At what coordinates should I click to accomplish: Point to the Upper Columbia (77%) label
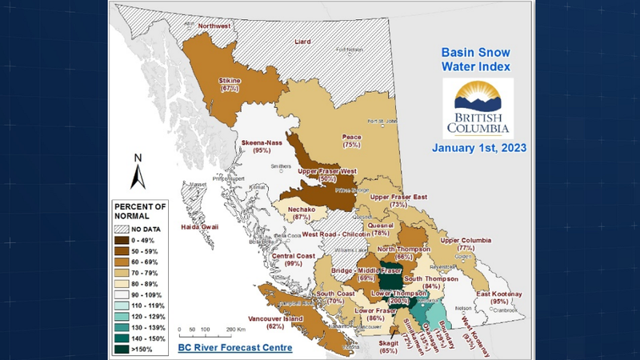coord(466,244)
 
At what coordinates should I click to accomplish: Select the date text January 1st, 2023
coord(478,148)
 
